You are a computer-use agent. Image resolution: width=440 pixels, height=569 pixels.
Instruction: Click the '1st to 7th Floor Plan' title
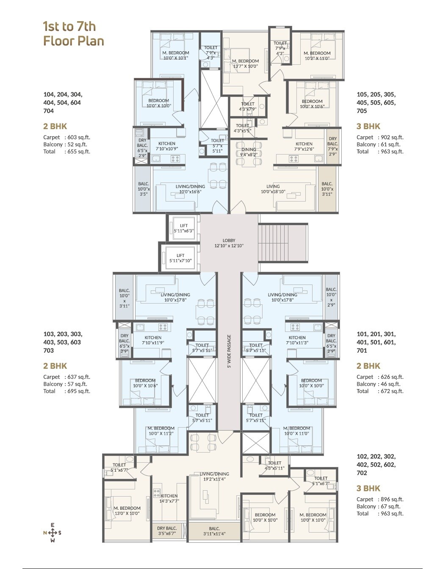tap(73, 33)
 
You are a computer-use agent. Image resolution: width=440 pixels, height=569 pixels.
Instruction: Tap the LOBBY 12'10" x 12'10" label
tap(229, 243)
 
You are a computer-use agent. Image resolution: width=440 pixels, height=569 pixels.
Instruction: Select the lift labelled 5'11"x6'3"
tap(183, 228)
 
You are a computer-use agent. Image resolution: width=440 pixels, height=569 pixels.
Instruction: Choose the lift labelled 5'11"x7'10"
tap(180, 258)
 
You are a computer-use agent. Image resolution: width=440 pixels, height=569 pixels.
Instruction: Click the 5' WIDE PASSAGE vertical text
tap(229, 352)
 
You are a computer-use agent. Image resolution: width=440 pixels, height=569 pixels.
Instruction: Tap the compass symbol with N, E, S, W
tap(52, 533)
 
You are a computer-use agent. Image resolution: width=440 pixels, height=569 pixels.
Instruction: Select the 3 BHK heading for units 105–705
tap(368, 126)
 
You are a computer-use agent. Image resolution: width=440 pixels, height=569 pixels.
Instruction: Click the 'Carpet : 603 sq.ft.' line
tap(66, 137)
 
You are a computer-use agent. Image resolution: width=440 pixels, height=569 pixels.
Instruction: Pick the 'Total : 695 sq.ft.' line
tap(66, 391)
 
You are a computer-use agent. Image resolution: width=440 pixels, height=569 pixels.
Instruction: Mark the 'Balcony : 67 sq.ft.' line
tap(379, 506)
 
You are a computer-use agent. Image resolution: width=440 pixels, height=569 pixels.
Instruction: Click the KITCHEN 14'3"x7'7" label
tap(169, 498)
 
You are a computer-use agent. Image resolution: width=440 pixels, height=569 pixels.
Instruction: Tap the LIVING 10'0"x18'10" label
tap(273, 189)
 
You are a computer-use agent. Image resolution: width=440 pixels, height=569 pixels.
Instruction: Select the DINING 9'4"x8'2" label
tap(249, 152)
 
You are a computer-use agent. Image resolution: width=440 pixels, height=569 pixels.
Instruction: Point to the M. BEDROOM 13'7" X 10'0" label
tap(245, 64)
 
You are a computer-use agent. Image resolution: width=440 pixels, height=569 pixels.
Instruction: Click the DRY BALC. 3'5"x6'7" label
tap(167, 531)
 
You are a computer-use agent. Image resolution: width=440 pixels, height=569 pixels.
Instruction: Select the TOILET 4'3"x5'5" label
tap(243, 128)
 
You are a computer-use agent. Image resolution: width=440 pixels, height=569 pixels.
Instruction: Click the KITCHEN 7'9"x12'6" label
tap(304, 146)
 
